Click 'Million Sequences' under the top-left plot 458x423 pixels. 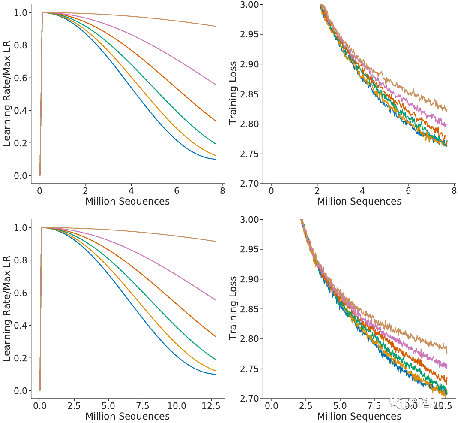pyautogui.click(x=127, y=201)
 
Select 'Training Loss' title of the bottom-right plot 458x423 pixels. pyautogui.click(x=233, y=309)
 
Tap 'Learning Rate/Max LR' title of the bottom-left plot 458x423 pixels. pyautogui.click(x=7, y=309)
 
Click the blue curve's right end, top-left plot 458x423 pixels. pyautogui.click(x=216, y=159)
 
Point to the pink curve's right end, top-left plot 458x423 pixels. pyautogui.click(x=216, y=85)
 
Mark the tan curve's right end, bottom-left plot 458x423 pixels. pyautogui.click(x=216, y=241)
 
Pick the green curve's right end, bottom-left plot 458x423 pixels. pyautogui.click(x=216, y=360)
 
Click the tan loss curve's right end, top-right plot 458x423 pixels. pyautogui.click(x=447, y=110)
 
